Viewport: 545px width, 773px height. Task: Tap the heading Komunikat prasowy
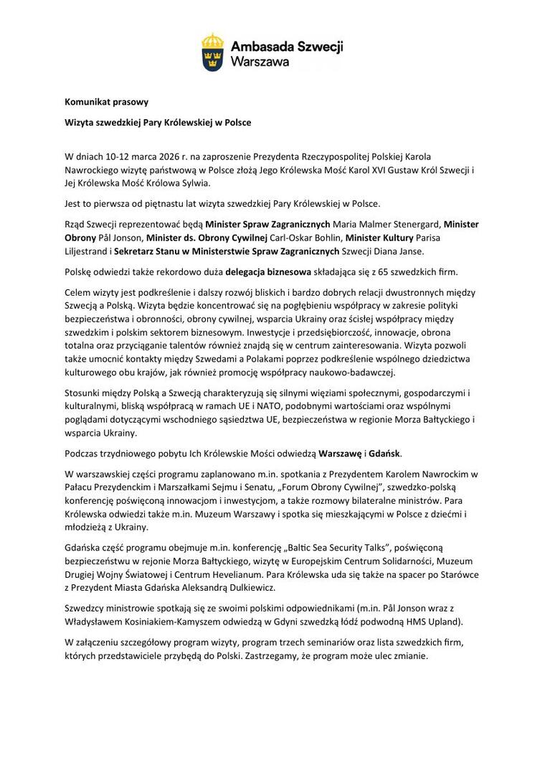tap(106, 102)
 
